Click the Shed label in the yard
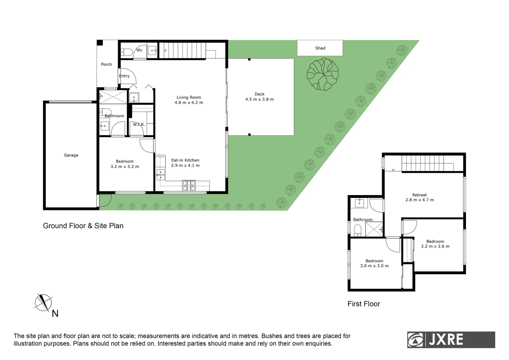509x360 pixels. (x=320, y=48)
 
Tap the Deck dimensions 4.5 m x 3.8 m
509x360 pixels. (x=259, y=99)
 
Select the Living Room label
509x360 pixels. (x=189, y=97)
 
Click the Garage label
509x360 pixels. (x=71, y=155)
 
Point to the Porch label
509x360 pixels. (x=106, y=64)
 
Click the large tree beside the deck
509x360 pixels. (x=322, y=74)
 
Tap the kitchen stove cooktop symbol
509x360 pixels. (x=189, y=186)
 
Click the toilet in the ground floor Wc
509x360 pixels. (x=126, y=52)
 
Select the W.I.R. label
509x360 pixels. (x=139, y=124)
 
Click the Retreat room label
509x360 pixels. (x=419, y=195)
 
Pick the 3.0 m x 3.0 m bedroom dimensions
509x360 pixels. (x=374, y=266)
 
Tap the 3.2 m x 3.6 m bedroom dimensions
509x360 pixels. (x=435, y=246)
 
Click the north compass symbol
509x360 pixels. (x=43, y=303)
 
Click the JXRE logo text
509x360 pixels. (x=446, y=340)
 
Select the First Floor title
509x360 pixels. (x=363, y=304)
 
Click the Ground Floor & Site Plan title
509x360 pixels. (x=83, y=226)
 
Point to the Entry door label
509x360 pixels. (x=124, y=76)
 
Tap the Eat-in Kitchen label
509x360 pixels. (x=185, y=160)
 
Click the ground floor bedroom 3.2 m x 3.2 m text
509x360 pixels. (x=125, y=167)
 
